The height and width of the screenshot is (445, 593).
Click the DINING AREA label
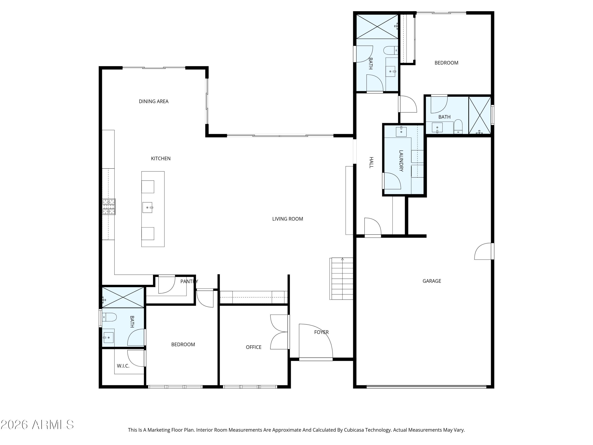[x=154, y=101]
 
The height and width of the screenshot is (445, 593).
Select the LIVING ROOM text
[x=288, y=219]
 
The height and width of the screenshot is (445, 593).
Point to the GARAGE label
[x=432, y=281]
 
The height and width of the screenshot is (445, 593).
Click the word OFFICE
[x=253, y=347]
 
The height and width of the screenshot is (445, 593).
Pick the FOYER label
[x=321, y=332]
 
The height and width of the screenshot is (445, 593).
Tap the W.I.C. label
[x=123, y=366]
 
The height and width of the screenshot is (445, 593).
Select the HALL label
[x=371, y=163]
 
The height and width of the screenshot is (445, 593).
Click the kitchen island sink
[x=147, y=207]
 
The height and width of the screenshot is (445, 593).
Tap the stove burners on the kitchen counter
[x=109, y=206]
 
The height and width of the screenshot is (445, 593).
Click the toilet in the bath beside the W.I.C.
[x=109, y=317]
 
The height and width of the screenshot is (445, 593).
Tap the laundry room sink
[x=401, y=132]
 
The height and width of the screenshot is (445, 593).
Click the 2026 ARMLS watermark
[x=37, y=425]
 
